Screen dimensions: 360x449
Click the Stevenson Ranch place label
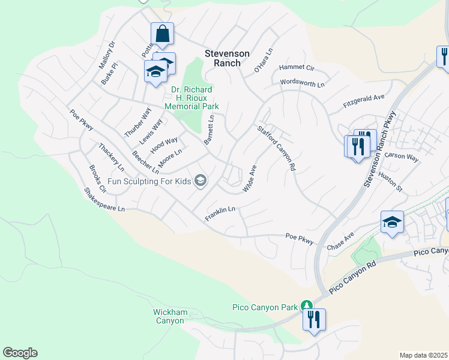click(x=227, y=58)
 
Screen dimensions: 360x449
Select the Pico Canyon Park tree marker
click(x=307, y=306)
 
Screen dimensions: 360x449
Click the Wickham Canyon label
click(x=170, y=316)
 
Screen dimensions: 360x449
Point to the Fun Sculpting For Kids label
click(x=151, y=181)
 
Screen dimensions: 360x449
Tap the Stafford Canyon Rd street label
click(x=277, y=148)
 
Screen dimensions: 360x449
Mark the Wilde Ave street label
click(x=249, y=179)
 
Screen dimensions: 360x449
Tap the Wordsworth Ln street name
click(x=302, y=83)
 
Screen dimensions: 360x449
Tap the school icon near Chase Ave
click(x=391, y=223)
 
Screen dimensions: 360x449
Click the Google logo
click(x=20, y=353)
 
